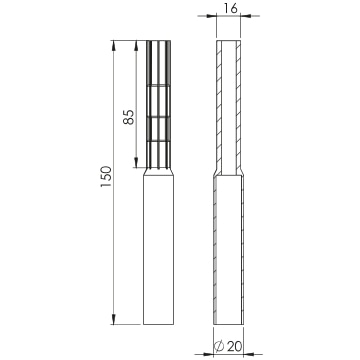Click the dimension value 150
click(106, 176)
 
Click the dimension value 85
click(129, 117)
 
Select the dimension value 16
click(231, 8)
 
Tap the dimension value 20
click(235, 347)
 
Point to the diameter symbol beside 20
click(219, 347)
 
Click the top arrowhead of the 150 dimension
click(113, 46)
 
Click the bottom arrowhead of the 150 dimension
click(113, 319)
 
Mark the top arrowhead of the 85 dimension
click(136, 46)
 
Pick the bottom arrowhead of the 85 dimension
click(136, 162)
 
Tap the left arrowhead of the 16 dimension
click(211, 16)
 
